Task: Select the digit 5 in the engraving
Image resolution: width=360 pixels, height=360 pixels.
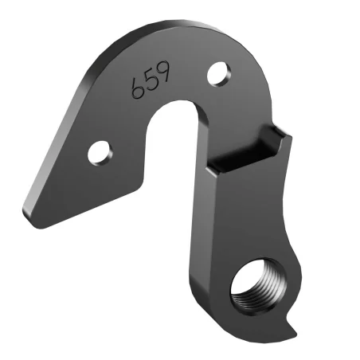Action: click(x=151, y=83)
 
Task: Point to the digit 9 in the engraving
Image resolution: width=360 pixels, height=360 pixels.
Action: click(x=162, y=75)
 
